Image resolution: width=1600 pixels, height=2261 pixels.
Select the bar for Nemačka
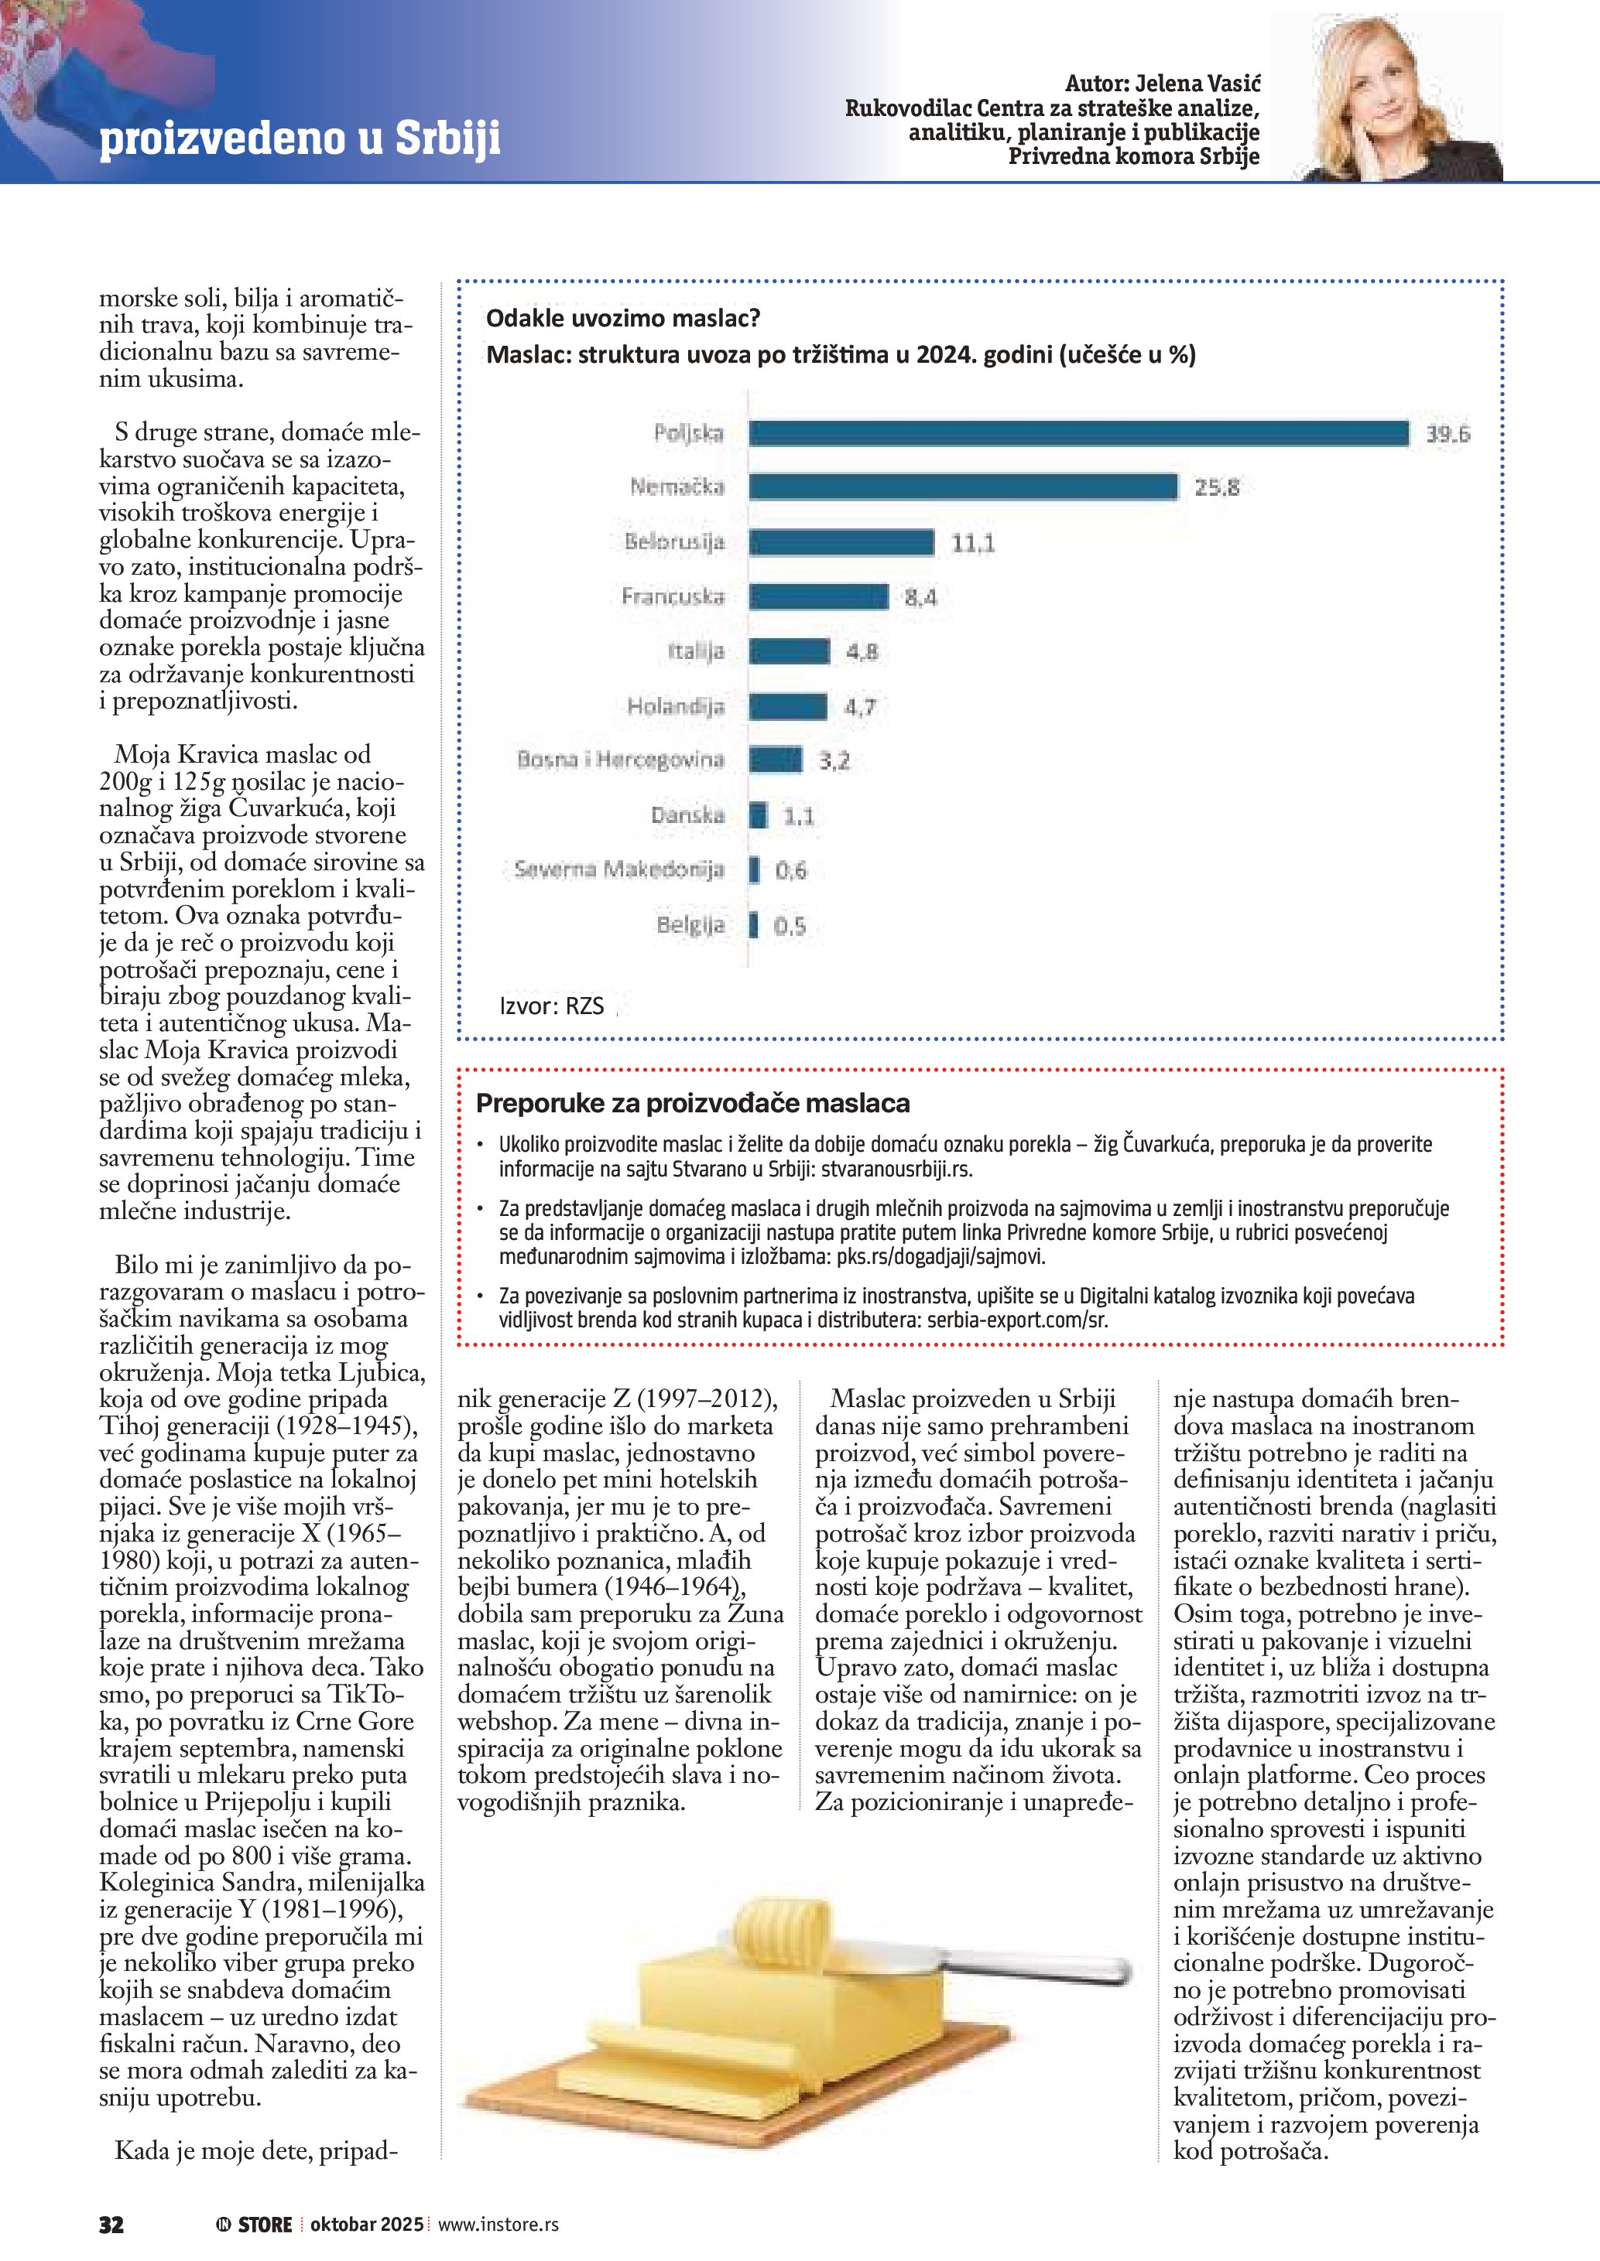pos(963,487)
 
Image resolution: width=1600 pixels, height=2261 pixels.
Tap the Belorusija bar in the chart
pos(841,541)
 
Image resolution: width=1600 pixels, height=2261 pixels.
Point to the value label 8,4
pos(920,596)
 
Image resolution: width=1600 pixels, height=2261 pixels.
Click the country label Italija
pos(696,651)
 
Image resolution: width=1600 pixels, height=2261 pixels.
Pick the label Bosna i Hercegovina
pos(621,760)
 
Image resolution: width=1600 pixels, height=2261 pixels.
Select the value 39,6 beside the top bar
pos(1448,434)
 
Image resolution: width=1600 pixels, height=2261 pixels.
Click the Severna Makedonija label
pos(618,869)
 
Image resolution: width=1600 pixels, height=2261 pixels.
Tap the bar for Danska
pos(758,815)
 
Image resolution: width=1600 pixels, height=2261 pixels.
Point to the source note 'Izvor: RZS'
pos(552,1006)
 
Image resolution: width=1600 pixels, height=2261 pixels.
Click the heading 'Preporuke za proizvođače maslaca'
pos(693,1103)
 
